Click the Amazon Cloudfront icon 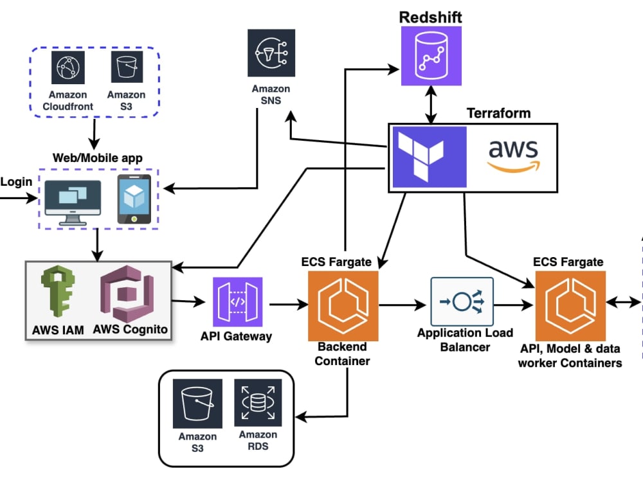pos(68,67)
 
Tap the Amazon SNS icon pos(271,53)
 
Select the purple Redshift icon pos(431,56)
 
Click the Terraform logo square pos(430,157)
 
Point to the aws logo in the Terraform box pos(514,156)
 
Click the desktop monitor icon pos(73,202)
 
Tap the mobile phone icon pos(134,199)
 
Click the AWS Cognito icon pos(127,294)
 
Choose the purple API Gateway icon pos(237,302)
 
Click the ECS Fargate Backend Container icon pos(343,306)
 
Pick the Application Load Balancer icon pos(462,301)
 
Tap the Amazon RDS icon pos(258,402)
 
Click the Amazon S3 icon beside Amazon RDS pos(197,404)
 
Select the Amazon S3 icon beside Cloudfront pos(127,67)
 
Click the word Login pos(16,182)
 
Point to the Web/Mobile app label pos(98,158)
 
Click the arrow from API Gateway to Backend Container pos(289,305)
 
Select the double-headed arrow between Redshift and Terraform pos(431,105)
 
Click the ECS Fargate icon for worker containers pos(570,306)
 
